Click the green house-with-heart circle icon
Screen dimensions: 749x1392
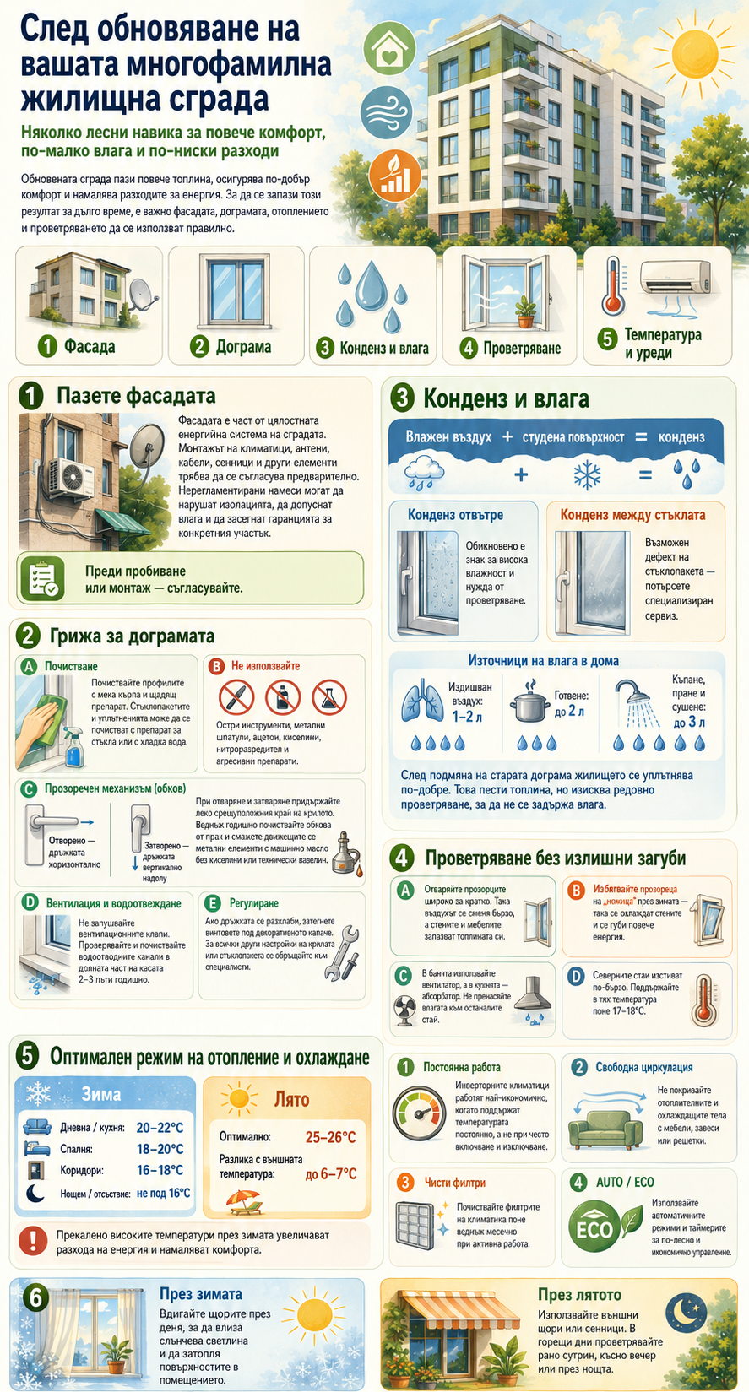click(390, 48)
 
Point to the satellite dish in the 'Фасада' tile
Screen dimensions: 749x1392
click(141, 295)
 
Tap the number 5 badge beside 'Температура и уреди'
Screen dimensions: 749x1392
click(606, 339)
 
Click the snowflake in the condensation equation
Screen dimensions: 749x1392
click(587, 475)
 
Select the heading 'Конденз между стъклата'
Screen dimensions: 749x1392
click(632, 515)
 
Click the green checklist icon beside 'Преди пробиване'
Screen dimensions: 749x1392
click(42, 578)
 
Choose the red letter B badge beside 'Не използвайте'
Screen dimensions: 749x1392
click(215, 667)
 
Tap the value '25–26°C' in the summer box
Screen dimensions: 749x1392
click(331, 1137)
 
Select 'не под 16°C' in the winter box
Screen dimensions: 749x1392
click(164, 1193)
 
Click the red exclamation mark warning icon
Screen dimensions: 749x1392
click(33, 1242)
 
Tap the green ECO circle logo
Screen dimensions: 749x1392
click(594, 1227)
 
